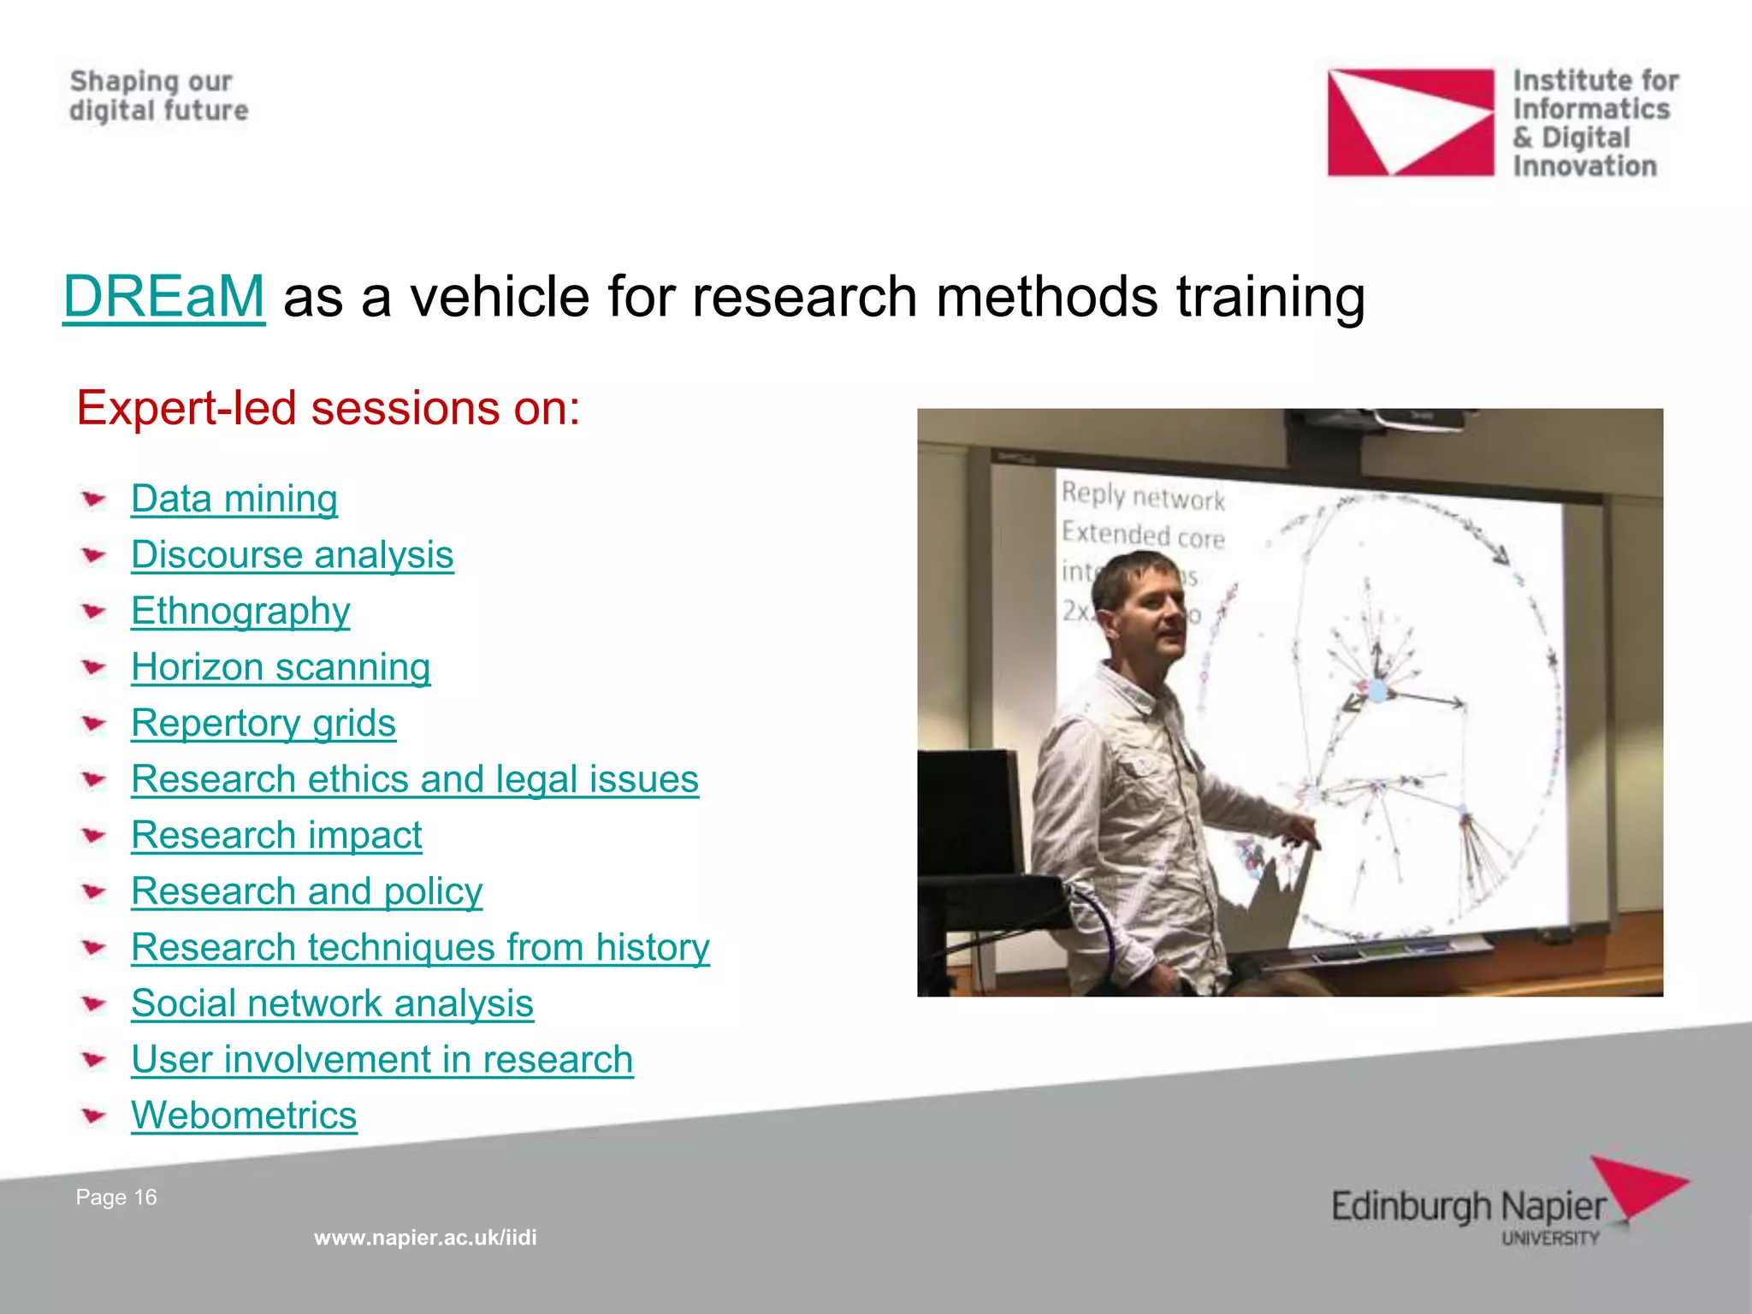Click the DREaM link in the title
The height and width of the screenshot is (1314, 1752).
pos(163,297)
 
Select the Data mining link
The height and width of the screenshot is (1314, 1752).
pos(234,499)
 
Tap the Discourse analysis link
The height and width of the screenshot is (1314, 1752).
pos(292,555)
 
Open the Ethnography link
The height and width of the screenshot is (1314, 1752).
pos(240,611)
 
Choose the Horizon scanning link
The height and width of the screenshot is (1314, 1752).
pos(281,667)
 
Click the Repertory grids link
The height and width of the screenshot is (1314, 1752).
pos(263,723)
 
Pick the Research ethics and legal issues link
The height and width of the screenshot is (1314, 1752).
pos(415,779)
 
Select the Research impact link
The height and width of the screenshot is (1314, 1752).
pos(276,835)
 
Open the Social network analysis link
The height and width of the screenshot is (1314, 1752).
pos(332,1003)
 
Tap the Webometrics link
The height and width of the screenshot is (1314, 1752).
pos(244,1116)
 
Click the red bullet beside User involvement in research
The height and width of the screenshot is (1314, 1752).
pos(93,1061)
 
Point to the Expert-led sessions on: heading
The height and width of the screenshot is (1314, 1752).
pos(328,408)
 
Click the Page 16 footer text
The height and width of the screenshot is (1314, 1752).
pos(116,1197)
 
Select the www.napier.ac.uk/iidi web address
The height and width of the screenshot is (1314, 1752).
pos(425,1237)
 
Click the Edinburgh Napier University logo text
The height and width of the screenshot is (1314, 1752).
pos(1468,1208)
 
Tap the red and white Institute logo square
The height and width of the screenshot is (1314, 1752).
pos(1410,122)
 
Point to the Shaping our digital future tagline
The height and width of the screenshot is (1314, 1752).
pos(159,96)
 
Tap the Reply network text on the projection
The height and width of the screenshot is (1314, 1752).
pos(1143,496)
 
